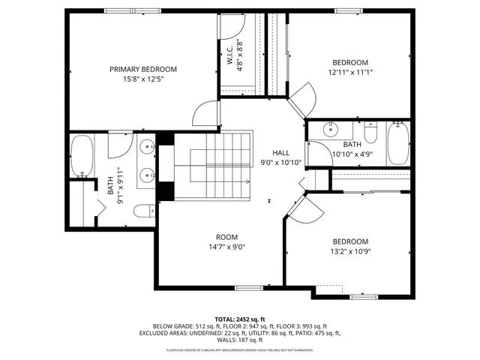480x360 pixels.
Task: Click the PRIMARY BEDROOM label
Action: [x=148, y=69]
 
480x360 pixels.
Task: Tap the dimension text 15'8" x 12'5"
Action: [x=148, y=79]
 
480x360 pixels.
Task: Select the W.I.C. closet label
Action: [x=230, y=54]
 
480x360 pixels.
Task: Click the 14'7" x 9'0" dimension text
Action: [x=227, y=247]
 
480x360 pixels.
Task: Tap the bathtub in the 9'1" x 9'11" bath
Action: [x=82, y=157]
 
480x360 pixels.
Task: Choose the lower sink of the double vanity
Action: [x=147, y=177]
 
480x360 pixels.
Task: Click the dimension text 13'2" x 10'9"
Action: [x=351, y=251]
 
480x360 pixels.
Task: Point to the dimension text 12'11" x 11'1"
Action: [x=351, y=73]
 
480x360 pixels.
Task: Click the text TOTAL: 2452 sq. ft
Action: [x=240, y=319]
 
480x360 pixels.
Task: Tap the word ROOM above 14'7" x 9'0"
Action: [x=227, y=236]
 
